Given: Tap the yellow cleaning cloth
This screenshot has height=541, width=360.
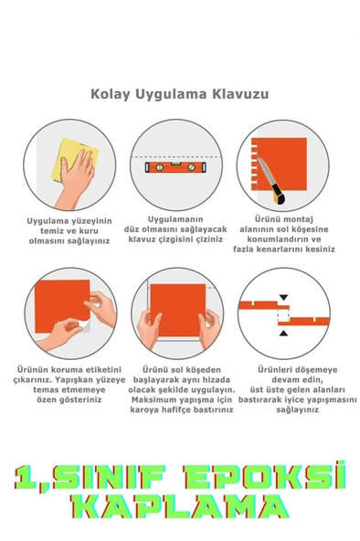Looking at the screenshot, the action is [74, 159].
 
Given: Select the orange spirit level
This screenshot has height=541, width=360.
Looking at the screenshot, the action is [175, 167].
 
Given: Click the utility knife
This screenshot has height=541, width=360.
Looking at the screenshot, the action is [271, 182].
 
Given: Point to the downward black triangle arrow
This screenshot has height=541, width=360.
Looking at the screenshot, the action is [283, 297].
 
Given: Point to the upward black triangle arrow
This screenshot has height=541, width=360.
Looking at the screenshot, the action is [283, 333].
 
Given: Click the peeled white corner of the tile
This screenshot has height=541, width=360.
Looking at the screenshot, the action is [86, 325].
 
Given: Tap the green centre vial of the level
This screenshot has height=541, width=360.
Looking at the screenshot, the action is [175, 163].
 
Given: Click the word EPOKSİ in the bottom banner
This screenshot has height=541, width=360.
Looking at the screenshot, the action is [265, 477].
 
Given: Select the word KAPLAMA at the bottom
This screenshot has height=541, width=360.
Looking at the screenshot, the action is [179, 506].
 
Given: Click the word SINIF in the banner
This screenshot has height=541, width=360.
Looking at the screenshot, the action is [110, 478].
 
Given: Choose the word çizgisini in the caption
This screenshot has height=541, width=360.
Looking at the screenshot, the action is [176, 239].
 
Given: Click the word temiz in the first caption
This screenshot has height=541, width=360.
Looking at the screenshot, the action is [52, 231].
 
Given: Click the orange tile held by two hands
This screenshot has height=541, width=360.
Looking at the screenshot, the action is [177, 310].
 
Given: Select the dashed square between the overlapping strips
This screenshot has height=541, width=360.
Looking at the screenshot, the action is [283, 315].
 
